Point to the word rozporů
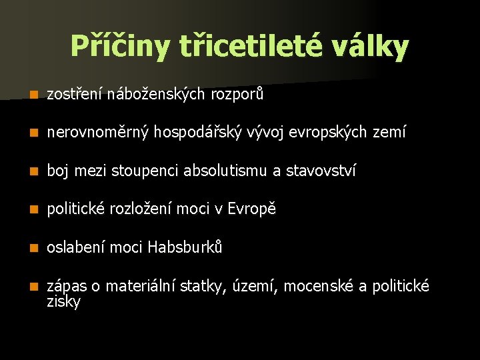(x=237, y=95)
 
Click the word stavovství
(x=321, y=171)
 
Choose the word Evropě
(x=251, y=209)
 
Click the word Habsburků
(x=185, y=247)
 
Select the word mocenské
(x=322, y=287)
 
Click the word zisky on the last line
(x=63, y=302)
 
